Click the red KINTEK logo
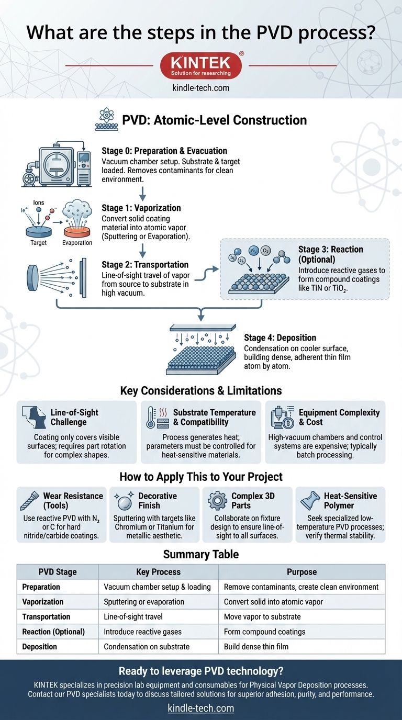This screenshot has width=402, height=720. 200,65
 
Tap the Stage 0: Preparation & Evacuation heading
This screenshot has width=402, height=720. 164,151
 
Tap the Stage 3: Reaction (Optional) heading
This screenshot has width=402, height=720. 330,255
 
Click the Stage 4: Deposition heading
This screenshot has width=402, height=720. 280,338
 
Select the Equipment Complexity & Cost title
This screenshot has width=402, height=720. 339,417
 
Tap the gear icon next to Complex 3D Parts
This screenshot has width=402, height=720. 217,500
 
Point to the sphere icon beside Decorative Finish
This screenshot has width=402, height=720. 124,501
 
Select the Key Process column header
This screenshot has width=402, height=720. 158,572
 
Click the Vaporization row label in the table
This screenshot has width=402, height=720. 43,602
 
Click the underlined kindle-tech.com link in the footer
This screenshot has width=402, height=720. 201,708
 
